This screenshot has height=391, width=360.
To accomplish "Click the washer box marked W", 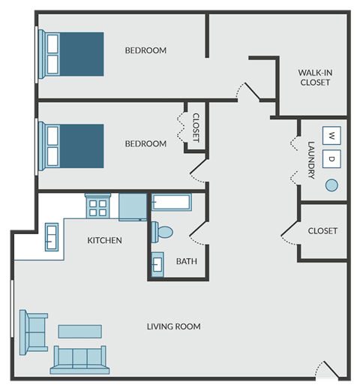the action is [x=331, y=136].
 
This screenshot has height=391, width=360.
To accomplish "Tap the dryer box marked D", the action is [x=331, y=159].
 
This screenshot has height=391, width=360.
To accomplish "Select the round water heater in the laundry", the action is [x=331, y=185].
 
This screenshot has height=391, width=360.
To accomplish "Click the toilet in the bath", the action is [x=162, y=232].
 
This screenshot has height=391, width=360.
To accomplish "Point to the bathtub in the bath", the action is [x=172, y=202].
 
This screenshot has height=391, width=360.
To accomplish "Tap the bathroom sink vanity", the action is [x=157, y=264].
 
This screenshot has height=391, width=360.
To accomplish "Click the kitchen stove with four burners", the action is [x=97, y=206].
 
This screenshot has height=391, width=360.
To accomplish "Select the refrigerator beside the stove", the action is [x=133, y=207].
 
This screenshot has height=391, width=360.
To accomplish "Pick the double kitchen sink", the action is [x=52, y=237].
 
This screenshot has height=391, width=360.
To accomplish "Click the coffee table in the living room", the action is [x=80, y=332].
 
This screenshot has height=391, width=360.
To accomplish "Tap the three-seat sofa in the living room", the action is [x=80, y=360].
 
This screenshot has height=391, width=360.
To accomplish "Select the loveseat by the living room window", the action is [x=34, y=332].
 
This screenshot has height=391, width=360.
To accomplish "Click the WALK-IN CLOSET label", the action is [x=315, y=77].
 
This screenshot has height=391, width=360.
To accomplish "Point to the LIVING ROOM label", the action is [x=174, y=326].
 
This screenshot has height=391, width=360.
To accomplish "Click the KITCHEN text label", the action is [x=104, y=240].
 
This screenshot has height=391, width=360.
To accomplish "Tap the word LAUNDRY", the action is [x=311, y=160].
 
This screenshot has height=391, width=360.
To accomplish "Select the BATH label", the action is [x=187, y=261].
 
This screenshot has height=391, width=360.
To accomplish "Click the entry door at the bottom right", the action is [x=328, y=370].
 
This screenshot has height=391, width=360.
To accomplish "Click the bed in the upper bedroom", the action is [x=71, y=54].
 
